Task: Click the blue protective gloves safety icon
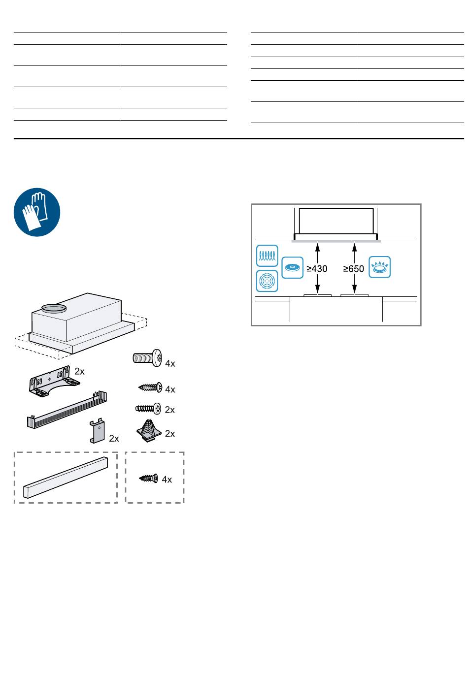[x=37, y=213]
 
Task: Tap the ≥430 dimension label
[x=317, y=269]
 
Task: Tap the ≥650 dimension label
[x=354, y=269]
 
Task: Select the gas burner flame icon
[x=379, y=267]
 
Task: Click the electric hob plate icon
[x=292, y=267]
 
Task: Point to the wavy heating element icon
[x=267, y=256]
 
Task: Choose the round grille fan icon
[x=267, y=281]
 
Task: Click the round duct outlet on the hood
[x=53, y=308]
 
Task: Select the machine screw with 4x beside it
[x=148, y=357]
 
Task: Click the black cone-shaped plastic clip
[x=148, y=431]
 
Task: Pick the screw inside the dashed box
[x=148, y=478]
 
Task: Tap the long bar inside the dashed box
[x=65, y=477]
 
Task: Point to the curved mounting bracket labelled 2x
[x=55, y=380]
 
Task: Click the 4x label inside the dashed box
[x=167, y=479]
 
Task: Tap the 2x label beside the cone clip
[x=170, y=434]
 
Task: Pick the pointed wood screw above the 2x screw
[x=149, y=388]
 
